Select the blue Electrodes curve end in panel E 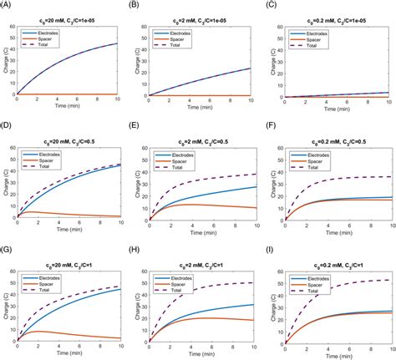pyautogui.click(x=256, y=187)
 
